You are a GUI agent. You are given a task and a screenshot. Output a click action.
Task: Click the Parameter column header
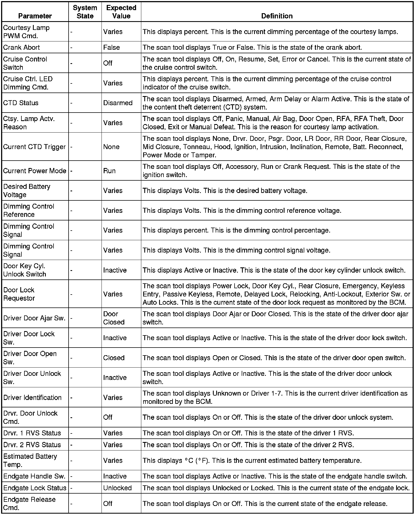(x=35, y=16)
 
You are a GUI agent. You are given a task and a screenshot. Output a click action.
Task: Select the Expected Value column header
(x=121, y=12)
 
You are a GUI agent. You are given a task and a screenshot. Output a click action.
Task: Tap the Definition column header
(x=277, y=16)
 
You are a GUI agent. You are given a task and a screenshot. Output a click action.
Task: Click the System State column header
(x=85, y=12)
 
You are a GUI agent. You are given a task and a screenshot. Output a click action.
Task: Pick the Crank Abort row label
(x=21, y=47)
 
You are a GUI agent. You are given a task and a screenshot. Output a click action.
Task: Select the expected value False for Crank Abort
(x=111, y=47)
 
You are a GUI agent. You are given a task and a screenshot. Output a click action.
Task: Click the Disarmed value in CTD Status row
(x=118, y=103)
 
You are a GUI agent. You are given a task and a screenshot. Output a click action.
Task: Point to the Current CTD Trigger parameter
(x=34, y=147)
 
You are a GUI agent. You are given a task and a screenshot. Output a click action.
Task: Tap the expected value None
(x=111, y=147)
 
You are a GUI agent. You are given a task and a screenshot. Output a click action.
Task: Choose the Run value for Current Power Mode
(x=109, y=170)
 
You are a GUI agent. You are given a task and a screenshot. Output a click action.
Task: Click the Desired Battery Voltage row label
(x=27, y=191)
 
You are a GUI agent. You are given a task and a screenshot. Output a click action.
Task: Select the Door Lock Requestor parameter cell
(x=19, y=294)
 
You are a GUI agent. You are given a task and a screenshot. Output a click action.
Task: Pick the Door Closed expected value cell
(x=114, y=318)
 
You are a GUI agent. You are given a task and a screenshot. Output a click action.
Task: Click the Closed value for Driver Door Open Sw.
(x=114, y=358)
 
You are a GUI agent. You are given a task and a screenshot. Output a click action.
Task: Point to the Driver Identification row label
(x=32, y=397)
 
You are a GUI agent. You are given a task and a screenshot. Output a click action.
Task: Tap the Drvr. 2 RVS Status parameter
(x=32, y=444)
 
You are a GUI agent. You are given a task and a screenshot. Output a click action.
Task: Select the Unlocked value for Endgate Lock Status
(x=117, y=488)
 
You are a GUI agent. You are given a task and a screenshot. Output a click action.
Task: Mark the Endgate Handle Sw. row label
(x=34, y=476)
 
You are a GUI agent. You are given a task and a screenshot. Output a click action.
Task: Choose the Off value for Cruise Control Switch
(x=108, y=63)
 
